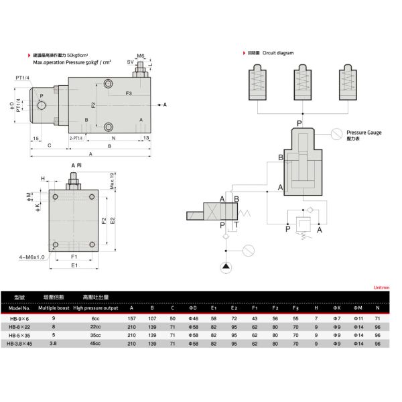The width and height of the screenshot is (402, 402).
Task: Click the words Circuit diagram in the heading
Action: point(279,52)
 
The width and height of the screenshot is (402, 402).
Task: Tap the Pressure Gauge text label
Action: point(364,133)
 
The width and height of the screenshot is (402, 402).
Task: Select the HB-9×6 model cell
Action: point(23,318)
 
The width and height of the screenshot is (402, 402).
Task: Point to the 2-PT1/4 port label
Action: point(76,137)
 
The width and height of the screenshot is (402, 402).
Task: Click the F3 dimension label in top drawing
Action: point(129,94)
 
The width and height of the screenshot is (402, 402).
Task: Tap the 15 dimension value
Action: point(34,137)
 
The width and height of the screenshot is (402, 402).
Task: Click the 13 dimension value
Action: point(145,137)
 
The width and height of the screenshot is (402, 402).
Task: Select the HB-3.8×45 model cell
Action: point(23,344)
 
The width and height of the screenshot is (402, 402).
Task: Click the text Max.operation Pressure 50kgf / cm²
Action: point(73,62)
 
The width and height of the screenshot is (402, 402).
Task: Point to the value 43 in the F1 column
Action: point(255,318)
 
